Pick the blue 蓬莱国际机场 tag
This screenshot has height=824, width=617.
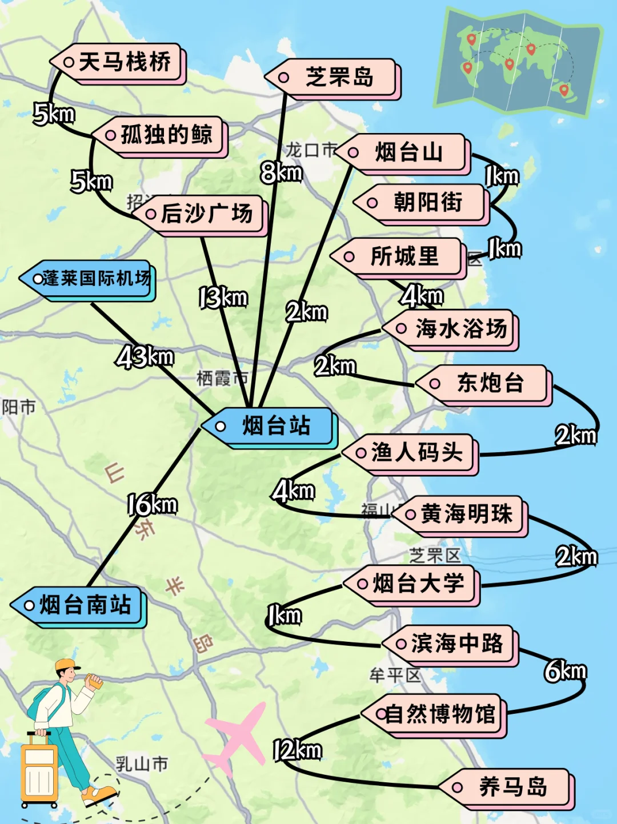point(89,279)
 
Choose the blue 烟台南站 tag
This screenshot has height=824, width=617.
point(80,605)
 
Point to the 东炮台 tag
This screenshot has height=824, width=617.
point(486,383)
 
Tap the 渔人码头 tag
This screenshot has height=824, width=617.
point(411,453)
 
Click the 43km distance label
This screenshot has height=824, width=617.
point(145,357)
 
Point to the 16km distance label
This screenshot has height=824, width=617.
point(151,505)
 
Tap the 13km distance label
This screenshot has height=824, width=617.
point(223,298)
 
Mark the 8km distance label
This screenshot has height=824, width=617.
point(281,172)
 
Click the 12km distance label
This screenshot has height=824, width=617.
point(297,750)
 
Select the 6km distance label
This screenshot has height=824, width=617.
point(565,671)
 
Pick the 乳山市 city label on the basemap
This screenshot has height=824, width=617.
point(142,763)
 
